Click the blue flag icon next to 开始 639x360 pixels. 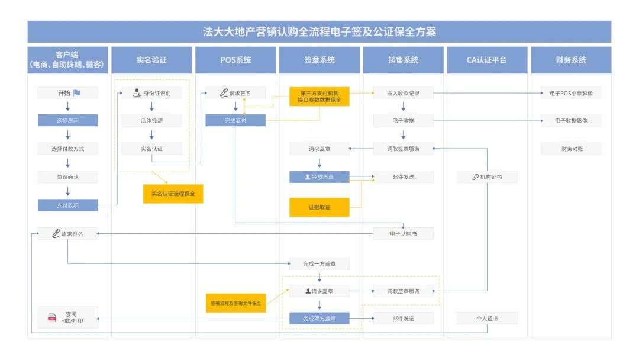(77, 93)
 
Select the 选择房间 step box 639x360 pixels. (67, 120)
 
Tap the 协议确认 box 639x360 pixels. (67, 177)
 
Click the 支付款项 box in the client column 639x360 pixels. (67, 205)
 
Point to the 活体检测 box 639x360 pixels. (151, 120)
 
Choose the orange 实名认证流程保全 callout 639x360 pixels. (173, 194)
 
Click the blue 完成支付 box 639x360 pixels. (235, 120)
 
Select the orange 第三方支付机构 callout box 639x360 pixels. (319, 97)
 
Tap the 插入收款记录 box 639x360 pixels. (403, 93)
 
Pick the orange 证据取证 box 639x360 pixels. (319, 207)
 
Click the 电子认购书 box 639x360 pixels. (403, 234)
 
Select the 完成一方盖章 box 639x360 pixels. (319, 263)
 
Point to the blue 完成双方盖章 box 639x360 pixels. (319, 319)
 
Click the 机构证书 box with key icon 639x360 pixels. (487, 177)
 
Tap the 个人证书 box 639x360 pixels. (487, 319)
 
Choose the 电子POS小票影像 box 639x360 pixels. (571, 93)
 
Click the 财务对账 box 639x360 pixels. (571, 149)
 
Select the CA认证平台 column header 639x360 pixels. (487, 60)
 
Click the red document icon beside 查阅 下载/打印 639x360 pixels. (52, 318)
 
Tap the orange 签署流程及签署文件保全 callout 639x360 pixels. (235, 303)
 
